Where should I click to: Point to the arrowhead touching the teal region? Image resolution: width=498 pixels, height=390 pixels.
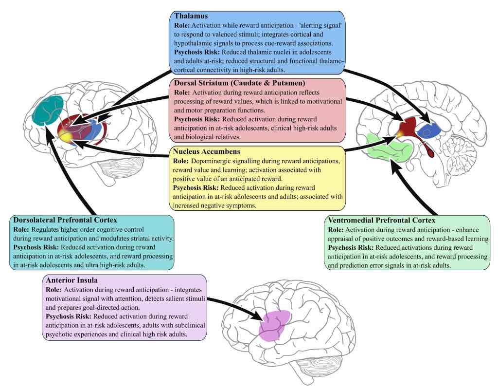point(48,133)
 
